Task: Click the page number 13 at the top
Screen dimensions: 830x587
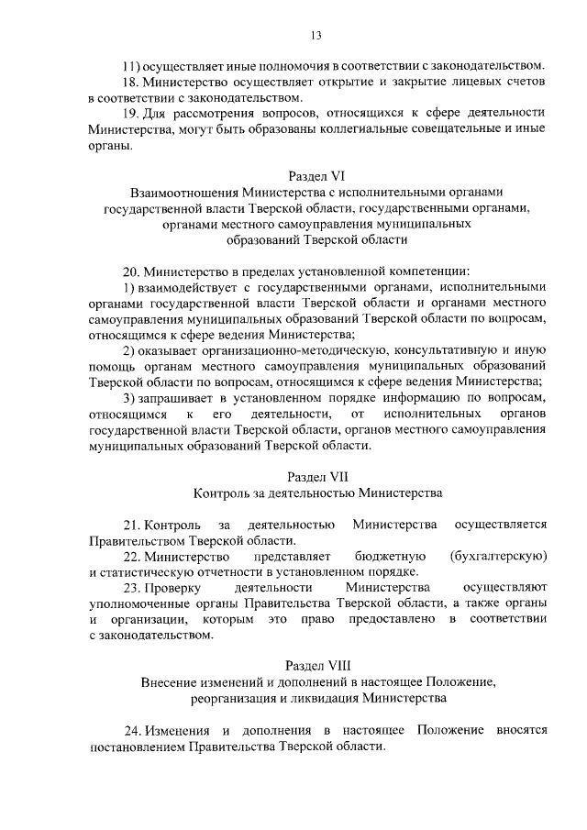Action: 315,37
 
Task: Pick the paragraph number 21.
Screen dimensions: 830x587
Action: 132,524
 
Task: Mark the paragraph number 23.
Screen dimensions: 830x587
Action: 132,587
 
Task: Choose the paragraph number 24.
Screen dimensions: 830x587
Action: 133,730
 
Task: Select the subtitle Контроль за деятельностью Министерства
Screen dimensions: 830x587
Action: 317,492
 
